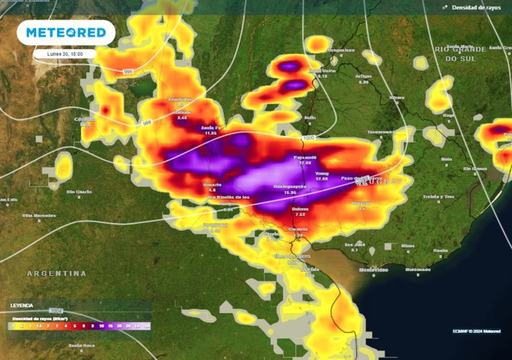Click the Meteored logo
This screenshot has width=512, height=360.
tap(65, 33)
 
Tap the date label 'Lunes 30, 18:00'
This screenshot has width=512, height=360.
tap(65, 53)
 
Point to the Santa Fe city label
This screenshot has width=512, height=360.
tap(211, 127)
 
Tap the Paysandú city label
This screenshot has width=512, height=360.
tap(305, 157)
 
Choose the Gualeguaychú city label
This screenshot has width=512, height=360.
tap(290, 187)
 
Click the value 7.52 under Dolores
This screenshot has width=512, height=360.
tap(300, 215)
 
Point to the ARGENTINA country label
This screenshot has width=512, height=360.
tap(57, 273)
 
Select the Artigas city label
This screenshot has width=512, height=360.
tap(363, 76)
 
